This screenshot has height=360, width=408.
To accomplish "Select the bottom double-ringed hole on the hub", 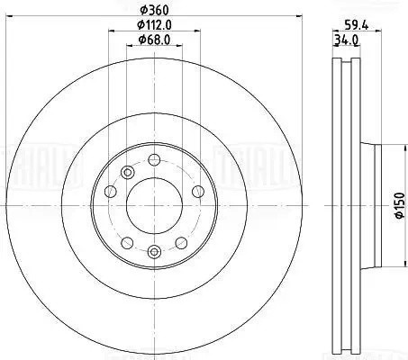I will [155, 252].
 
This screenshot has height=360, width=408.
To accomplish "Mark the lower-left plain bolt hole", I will [126, 242].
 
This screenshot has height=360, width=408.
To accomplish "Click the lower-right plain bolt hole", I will [183, 242].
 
